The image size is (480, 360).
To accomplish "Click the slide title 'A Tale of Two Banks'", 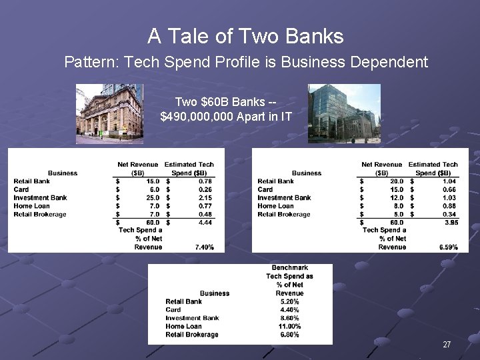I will (x=245, y=36).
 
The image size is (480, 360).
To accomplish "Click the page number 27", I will (x=447, y=345).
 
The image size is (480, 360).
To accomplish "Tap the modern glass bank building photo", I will (x=344, y=113).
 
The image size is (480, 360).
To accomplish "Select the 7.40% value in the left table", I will (x=204, y=247).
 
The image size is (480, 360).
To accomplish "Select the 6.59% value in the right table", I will (x=448, y=247).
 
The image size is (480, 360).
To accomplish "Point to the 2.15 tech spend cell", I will (x=204, y=198).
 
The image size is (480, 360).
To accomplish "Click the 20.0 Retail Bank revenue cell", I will (x=395, y=181).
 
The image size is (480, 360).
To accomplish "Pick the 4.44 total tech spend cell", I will (x=204, y=223).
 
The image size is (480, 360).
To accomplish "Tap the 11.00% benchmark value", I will (x=289, y=327).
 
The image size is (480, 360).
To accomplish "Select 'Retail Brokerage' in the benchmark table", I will (x=192, y=335).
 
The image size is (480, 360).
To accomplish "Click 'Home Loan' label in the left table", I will (x=31, y=206).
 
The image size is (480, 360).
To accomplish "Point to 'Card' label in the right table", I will (x=265, y=190).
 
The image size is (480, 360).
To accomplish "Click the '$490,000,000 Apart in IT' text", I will (x=226, y=117).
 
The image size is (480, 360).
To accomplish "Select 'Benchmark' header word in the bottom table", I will (x=289, y=268).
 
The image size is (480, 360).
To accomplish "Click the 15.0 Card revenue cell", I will (x=395, y=190).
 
